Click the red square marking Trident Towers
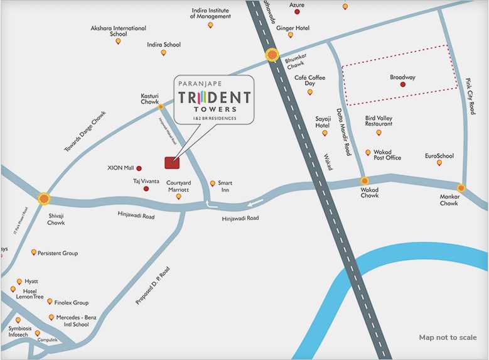pos(171,163)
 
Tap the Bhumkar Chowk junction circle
pos(272,55)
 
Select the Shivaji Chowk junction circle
pos(43,199)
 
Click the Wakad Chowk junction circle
pos(364,181)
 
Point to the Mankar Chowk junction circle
pos(461,188)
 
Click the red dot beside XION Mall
pos(139,168)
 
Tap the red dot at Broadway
pos(402,84)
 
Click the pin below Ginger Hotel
pos(290,35)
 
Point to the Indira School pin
pos(164,53)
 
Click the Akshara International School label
pos(118,31)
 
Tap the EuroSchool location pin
pos(439,163)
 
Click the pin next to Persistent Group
pos(34,252)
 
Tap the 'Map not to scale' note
pos(448,338)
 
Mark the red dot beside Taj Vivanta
pos(146,188)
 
